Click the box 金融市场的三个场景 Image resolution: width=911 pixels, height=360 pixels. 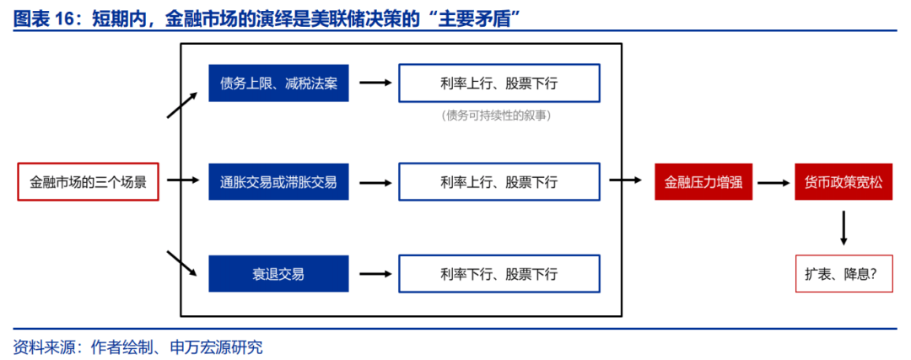click(x=89, y=182)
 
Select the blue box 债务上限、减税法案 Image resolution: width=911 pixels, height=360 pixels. click(x=279, y=83)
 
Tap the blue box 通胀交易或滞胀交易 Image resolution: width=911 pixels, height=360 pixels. click(x=279, y=182)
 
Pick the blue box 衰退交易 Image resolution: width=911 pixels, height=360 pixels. click(x=279, y=273)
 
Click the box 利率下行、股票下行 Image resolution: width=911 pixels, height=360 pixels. click(x=499, y=273)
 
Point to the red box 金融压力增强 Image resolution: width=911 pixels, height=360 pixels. click(x=703, y=182)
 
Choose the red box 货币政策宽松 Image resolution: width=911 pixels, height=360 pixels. click(x=844, y=182)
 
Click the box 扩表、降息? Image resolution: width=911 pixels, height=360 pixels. click(x=844, y=273)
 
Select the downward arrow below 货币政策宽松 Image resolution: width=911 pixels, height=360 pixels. click(x=844, y=228)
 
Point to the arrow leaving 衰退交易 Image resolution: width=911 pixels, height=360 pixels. click(x=375, y=273)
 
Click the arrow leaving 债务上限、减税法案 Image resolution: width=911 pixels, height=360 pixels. click(x=375, y=83)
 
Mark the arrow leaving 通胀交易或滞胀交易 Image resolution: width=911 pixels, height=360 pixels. click(x=375, y=182)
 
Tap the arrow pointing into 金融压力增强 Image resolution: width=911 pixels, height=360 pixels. click(x=626, y=182)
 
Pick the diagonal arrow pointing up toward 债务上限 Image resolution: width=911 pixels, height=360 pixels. click(x=182, y=105)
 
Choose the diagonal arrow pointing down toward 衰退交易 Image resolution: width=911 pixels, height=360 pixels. click(x=182, y=264)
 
